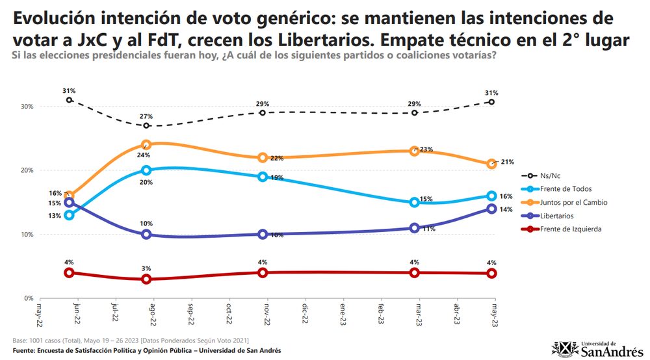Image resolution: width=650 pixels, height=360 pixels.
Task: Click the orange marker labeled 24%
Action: pyautogui.click(x=146, y=145)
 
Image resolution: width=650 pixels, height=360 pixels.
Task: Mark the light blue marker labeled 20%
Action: pyautogui.click(x=146, y=170)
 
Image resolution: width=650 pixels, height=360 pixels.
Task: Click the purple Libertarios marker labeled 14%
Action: pyautogui.click(x=491, y=209)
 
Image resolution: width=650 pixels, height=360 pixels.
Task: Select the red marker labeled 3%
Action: pyautogui.click(x=146, y=279)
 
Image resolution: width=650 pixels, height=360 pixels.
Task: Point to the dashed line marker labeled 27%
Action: pyautogui.click(x=146, y=125)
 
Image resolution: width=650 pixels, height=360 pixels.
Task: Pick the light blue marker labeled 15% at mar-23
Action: pyautogui.click(x=414, y=202)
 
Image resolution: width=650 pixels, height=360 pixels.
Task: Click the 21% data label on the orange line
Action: pyautogui.click(x=507, y=162)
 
